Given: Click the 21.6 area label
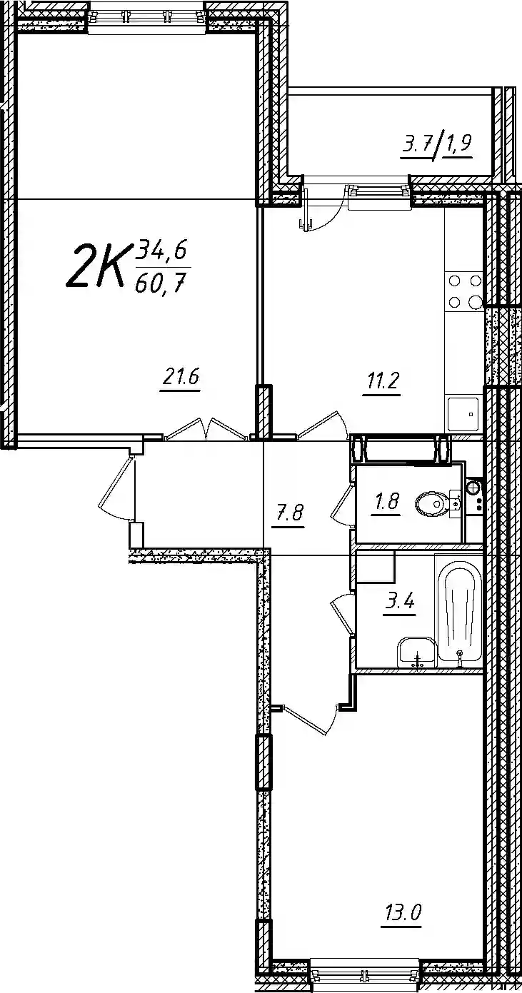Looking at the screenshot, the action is pos(181,380).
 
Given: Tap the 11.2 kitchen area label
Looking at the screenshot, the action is pos(382,382).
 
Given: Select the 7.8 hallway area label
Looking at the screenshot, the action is pos(288,515).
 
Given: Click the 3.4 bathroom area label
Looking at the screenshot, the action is pos(400,603).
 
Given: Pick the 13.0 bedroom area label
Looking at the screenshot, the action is pos(401,913).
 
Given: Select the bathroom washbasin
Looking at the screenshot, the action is pos(416,652).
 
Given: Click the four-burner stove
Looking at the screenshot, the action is pos(464,292).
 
